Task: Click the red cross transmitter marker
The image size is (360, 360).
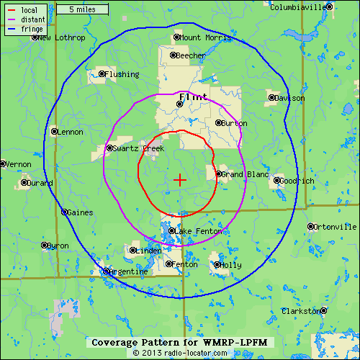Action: pos(180,179)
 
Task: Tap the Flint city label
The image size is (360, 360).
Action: pos(193,96)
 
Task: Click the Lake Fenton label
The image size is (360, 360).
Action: pos(199,231)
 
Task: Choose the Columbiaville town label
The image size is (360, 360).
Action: pos(298,7)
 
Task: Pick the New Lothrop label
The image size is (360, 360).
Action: pos(62,37)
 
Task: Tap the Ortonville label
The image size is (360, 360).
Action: pos(336,227)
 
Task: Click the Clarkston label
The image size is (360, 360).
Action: pos(300,311)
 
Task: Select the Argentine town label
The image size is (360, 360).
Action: pos(130,271)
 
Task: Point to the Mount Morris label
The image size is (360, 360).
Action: pos(202,37)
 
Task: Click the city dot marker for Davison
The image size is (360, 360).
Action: pos(271,98)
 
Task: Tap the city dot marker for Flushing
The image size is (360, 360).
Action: pos(102,73)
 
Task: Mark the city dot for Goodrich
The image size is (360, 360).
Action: pos(276,180)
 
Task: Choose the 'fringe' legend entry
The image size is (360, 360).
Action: pos(32,30)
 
